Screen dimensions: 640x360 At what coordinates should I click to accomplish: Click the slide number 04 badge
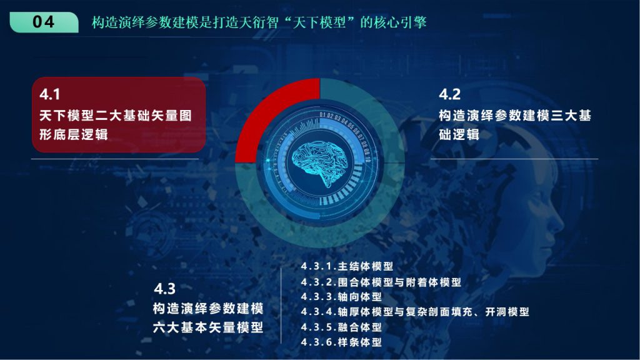click(44, 22)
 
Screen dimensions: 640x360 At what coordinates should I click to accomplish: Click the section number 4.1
click(50, 94)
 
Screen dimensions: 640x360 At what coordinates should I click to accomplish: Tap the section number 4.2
click(450, 94)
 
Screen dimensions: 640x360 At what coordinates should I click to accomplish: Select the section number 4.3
click(165, 289)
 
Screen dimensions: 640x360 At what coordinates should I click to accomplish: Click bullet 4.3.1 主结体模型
click(347, 266)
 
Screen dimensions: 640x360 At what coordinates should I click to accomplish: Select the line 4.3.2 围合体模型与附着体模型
click(381, 282)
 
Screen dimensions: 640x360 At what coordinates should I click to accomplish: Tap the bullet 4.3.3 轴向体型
click(341, 297)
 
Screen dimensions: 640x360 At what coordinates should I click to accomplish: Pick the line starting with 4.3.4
click(415, 312)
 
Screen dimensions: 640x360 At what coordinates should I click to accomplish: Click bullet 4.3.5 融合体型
click(341, 327)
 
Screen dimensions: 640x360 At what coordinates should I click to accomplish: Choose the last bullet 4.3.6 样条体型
click(341, 342)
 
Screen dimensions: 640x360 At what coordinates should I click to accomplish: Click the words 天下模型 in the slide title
click(319, 22)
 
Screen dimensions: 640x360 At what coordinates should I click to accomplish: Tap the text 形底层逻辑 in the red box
click(74, 135)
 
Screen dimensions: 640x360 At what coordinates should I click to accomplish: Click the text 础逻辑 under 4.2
click(459, 134)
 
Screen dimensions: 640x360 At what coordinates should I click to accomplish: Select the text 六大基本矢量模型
click(208, 327)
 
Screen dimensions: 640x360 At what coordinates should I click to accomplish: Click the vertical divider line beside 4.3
click(281, 306)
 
